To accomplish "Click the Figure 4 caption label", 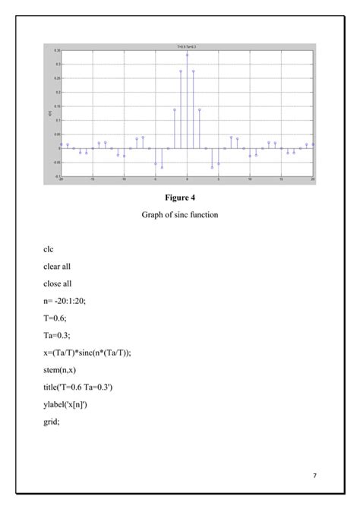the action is [x=179, y=198].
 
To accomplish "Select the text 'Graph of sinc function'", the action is [x=179, y=215].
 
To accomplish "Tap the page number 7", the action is [x=314, y=476].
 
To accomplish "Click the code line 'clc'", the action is [x=49, y=249].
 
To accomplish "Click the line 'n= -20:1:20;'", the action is [x=65, y=301].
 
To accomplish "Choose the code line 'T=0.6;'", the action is [x=55, y=318].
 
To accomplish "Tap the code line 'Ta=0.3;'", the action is [x=57, y=336].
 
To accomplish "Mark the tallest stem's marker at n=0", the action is [x=187, y=55].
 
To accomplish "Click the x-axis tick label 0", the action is [x=187, y=179].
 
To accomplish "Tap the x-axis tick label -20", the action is [x=61, y=179].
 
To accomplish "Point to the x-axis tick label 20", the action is [x=313, y=179].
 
